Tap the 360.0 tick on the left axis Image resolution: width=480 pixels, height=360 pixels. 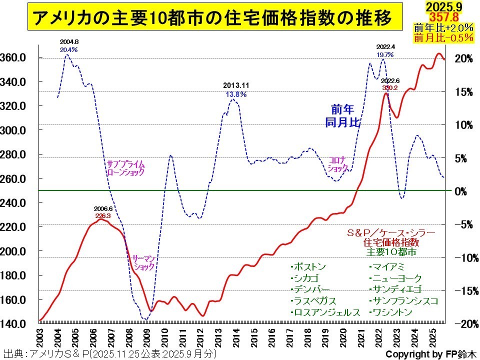coord(15,57)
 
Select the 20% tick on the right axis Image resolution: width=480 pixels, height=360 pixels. coord(462,58)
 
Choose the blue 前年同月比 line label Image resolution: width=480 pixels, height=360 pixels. coord(342,115)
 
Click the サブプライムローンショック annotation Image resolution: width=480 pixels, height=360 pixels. coord(125,167)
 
